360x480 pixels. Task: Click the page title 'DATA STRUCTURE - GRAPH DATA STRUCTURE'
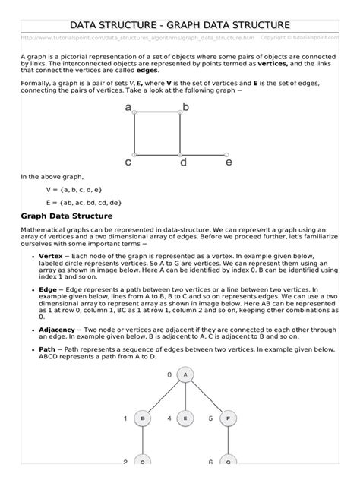point(179,27)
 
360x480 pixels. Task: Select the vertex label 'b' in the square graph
point(186,109)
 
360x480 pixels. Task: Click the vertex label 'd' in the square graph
point(183,162)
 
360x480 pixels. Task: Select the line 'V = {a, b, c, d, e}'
point(74,189)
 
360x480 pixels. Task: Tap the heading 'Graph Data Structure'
point(66,217)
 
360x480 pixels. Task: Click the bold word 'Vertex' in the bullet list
point(52,257)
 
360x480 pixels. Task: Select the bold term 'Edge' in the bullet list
point(48,290)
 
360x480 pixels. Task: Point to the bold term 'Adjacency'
point(58,330)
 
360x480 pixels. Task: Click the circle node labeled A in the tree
point(184,375)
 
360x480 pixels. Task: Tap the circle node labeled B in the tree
point(141,418)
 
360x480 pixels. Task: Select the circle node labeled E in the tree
point(184,418)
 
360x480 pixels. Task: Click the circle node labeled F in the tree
point(226,418)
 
